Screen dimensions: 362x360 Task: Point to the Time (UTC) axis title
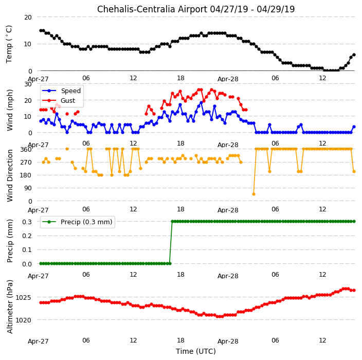coord(196,351)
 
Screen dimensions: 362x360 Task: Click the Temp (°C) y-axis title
coord(9,44)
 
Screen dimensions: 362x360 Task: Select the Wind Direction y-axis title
coord(10,175)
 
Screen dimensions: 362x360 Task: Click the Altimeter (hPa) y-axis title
coord(10,307)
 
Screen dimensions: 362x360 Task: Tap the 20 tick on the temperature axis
coord(28,17)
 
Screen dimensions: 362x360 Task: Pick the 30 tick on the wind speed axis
coord(28,84)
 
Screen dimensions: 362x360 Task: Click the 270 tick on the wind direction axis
coord(26,163)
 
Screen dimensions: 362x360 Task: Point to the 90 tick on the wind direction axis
coord(28,188)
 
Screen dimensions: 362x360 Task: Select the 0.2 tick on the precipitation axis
coord(27,236)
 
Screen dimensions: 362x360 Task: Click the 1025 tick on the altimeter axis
coord(23,297)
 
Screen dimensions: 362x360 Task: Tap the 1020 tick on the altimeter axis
coord(23,320)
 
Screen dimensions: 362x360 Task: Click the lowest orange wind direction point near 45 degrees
coord(254,194)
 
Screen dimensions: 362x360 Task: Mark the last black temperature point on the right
coord(354,55)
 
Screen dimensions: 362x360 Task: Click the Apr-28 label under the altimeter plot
coord(228,341)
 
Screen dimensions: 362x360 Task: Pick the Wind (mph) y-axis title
coord(10,110)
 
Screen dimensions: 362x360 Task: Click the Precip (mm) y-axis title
coord(10,241)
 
